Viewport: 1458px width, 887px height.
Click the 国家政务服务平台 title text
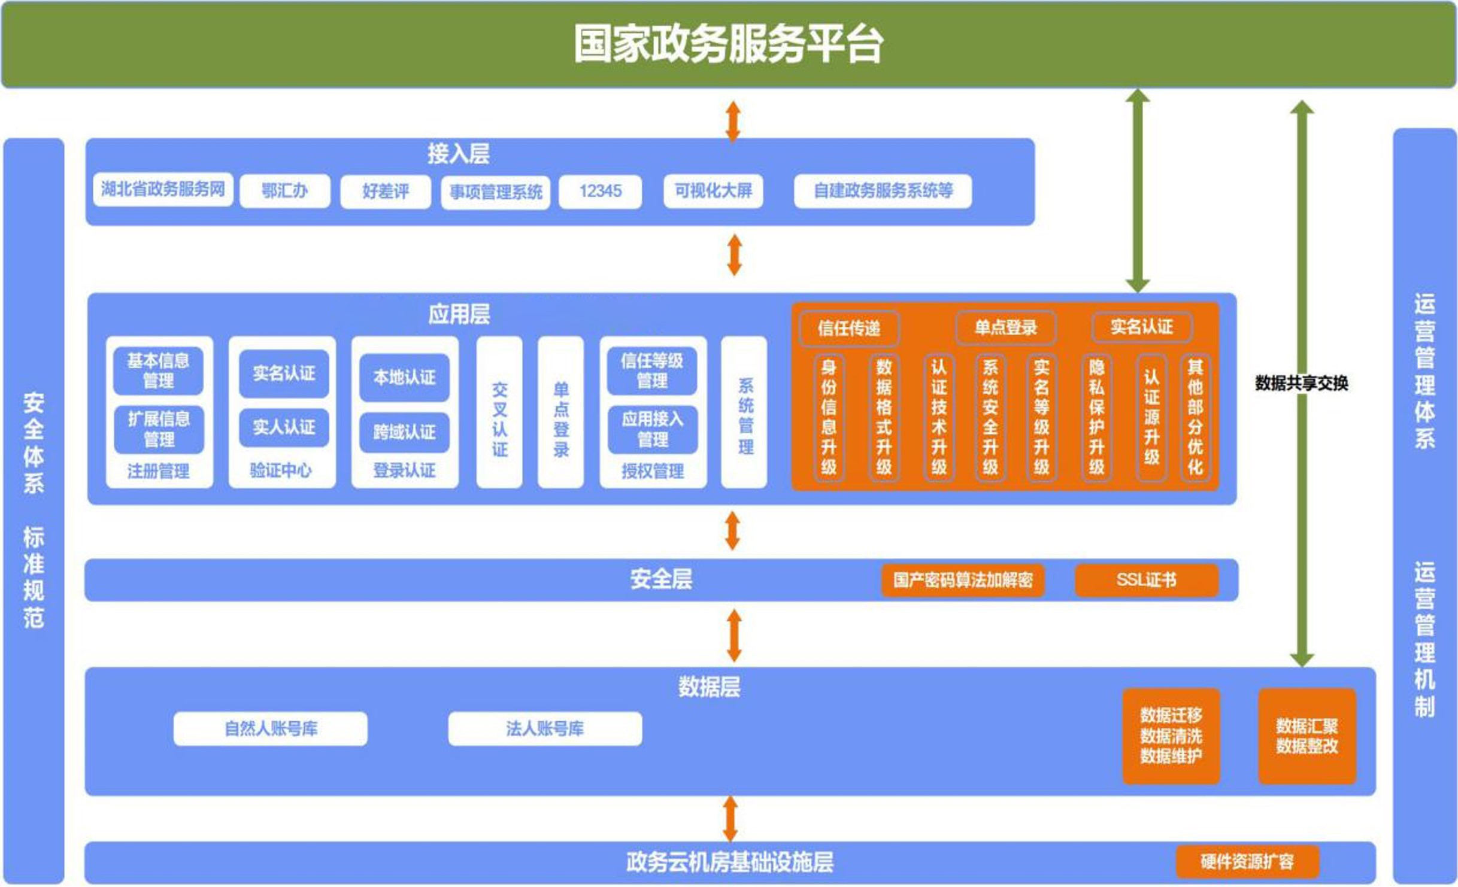728,44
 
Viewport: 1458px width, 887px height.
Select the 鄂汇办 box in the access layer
285,191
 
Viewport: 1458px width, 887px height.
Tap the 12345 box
600,191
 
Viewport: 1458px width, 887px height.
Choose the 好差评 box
386,191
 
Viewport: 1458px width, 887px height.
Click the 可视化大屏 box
713,191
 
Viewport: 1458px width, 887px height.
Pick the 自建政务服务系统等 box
883,191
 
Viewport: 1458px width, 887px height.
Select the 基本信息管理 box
158,370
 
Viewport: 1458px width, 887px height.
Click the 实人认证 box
284,427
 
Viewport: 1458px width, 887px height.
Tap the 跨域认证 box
404,432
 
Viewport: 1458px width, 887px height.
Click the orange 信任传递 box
849,328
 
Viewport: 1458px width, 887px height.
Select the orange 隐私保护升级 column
1096,417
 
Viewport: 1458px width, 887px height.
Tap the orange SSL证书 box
1146,579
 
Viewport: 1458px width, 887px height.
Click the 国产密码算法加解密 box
963,579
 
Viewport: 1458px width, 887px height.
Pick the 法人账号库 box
545,728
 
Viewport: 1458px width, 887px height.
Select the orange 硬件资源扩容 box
1247,862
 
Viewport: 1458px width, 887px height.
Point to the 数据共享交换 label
1302,383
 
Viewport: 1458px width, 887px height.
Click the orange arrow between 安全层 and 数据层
734,635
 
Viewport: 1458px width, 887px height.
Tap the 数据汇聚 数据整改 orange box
1307,736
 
